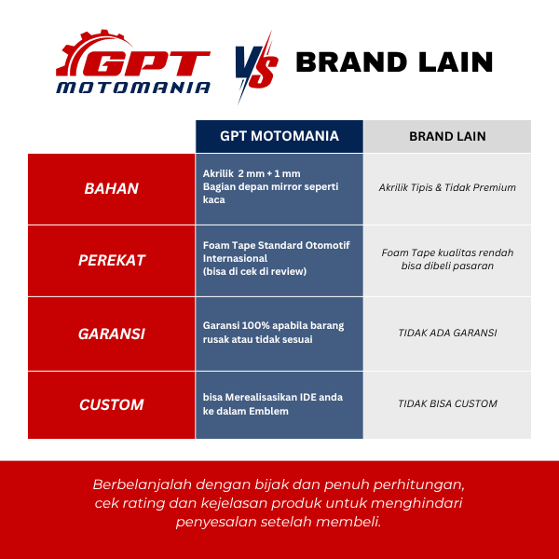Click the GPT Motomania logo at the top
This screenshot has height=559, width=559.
click(x=133, y=62)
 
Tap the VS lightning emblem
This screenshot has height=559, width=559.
click(x=256, y=68)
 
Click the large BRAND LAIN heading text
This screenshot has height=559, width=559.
click(x=394, y=62)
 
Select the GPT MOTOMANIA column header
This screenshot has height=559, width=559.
click(x=279, y=136)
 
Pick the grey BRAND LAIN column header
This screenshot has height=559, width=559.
click(x=447, y=136)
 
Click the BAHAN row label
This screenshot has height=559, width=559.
click(x=111, y=188)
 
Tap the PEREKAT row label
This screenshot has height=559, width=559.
click(x=111, y=260)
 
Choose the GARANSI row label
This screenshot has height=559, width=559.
click(x=111, y=334)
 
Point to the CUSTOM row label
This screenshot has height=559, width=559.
click(x=111, y=404)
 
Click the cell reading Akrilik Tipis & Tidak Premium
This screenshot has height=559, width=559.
click(x=447, y=187)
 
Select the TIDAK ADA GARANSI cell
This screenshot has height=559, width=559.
click(x=447, y=333)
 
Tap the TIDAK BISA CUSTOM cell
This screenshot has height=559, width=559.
click(x=447, y=403)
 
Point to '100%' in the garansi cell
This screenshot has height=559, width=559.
click(x=253, y=325)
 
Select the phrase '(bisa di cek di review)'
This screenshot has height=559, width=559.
click(x=254, y=272)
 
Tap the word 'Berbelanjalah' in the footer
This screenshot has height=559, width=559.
click(x=143, y=484)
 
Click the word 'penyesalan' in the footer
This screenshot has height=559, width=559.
click(x=216, y=522)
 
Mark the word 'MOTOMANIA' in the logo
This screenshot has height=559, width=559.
click(x=133, y=88)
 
